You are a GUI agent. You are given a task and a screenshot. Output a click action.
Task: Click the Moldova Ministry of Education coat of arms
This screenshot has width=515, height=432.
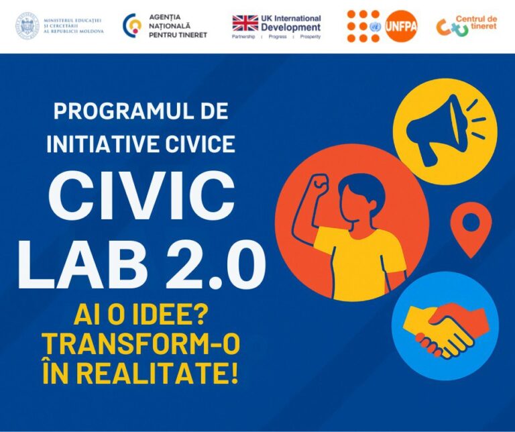tap(27, 25)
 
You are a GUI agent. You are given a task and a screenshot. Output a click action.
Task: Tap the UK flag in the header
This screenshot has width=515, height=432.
tap(245, 23)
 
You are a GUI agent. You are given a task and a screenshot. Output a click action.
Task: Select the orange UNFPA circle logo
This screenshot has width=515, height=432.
tap(401, 25)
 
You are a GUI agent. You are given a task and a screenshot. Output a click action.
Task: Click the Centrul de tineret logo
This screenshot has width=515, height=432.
tap(467, 25)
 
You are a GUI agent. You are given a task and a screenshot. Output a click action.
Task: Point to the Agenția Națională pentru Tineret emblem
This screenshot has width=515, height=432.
tap(131, 25)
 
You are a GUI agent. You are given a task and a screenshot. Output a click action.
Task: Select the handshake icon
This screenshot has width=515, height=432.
tap(445, 325)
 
